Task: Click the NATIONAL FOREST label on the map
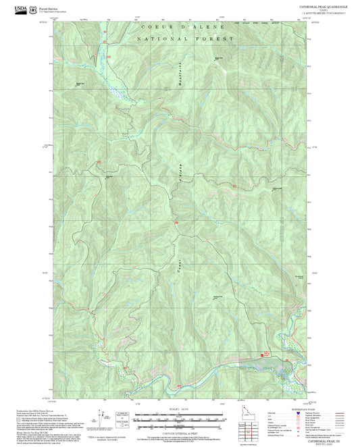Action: coord(184,41)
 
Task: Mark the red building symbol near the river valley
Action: coord(266,353)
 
